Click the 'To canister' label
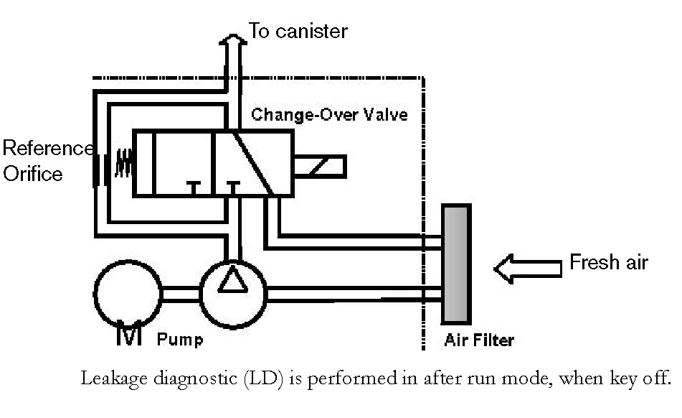click(298, 31)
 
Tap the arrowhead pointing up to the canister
click(233, 40)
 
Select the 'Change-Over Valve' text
click(329, 115)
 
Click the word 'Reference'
click(48, 148)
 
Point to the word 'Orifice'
click(32, 174)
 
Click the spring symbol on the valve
click(123, 163)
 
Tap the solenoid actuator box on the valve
click(320, 167)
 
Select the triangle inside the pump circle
click(232, 279)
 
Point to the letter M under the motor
click(129, 333)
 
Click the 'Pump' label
click(179, 340)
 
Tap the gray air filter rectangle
click(456, 264)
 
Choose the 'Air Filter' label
click(479, 340)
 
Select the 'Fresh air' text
click(609, 262)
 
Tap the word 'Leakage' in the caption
click(114, 378)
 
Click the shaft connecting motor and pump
click(181, 294)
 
